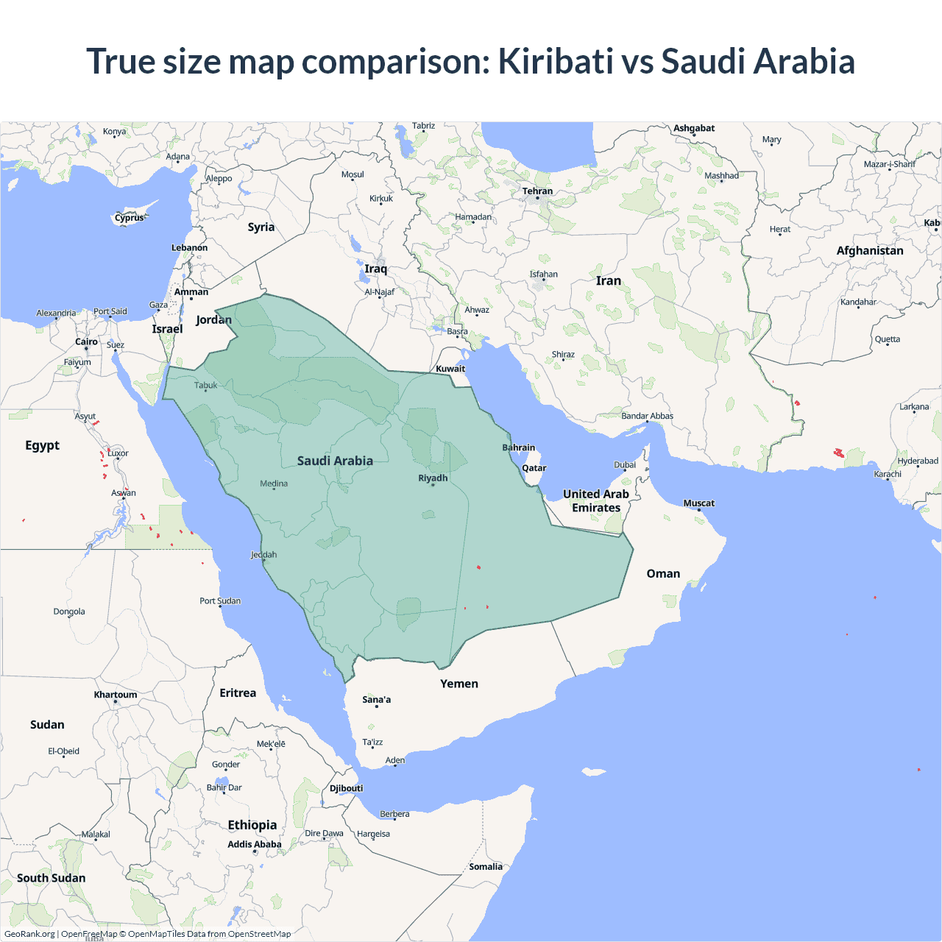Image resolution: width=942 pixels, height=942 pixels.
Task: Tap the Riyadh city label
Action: [433, 478]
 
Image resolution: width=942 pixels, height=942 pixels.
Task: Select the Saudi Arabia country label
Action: [335, 461]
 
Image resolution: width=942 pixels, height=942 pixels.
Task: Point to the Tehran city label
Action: [537, 191]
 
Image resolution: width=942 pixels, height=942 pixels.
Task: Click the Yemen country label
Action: [459, 684]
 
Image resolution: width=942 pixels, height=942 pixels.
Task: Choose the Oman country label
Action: [663, 574]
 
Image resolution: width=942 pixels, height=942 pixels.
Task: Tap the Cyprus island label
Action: [130, 218]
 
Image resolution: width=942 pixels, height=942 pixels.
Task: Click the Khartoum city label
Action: [116, 695]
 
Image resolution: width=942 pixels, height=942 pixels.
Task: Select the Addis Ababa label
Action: [254, 844]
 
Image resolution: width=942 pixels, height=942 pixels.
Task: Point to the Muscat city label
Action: [698, 503]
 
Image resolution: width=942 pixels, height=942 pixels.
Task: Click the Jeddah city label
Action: [263, 555]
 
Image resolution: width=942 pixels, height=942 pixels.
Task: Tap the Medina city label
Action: [274, 484]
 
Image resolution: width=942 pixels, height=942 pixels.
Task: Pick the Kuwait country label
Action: [450, 369]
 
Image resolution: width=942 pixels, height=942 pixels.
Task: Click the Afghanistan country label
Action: [870, 251]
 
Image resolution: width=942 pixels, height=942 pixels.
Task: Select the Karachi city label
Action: [888, 474]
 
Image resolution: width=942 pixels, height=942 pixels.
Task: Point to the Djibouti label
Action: [346, 788]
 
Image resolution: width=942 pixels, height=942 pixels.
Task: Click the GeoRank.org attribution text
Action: [29, 934]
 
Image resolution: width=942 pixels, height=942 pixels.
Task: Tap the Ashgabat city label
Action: [694, 128]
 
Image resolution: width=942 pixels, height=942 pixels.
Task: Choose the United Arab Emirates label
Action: [596, 500]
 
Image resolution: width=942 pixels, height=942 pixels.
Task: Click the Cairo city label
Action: [86, 342]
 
